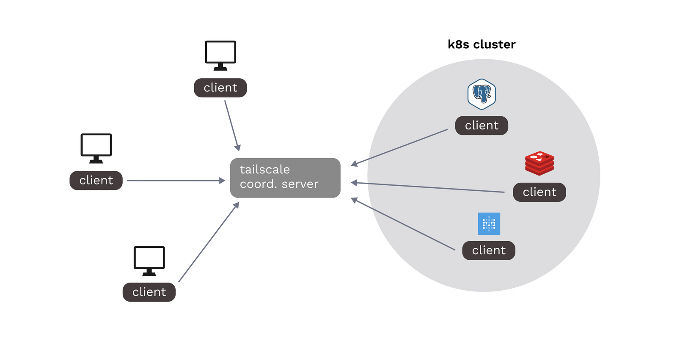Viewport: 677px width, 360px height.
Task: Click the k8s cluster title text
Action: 482,44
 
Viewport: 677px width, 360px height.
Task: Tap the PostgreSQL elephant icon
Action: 482,94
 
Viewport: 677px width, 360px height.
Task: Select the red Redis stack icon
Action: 539,163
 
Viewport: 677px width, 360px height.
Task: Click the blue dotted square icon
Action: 489,223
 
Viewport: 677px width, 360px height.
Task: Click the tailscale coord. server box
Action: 285,178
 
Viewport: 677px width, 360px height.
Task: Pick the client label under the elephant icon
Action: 482,126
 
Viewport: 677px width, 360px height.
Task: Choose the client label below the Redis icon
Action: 539,192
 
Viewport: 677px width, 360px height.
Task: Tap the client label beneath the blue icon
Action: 489,250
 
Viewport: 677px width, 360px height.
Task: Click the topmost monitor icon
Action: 220,55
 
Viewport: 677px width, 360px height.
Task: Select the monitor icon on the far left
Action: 96,148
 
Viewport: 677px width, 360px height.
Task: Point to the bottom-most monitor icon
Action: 149,260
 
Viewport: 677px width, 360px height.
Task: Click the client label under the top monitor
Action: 220,88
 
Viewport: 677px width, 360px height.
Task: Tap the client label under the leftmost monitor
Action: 96,181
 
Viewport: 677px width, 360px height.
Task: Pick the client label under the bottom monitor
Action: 149,292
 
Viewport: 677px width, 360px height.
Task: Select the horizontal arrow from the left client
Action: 176,181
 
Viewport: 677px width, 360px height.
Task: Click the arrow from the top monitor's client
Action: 232,125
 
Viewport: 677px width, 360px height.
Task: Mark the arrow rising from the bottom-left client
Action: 209,242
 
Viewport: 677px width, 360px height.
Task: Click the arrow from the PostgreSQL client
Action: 399,147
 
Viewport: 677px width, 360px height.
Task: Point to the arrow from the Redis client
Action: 427,187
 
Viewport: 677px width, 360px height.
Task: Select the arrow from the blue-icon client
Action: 403,224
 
